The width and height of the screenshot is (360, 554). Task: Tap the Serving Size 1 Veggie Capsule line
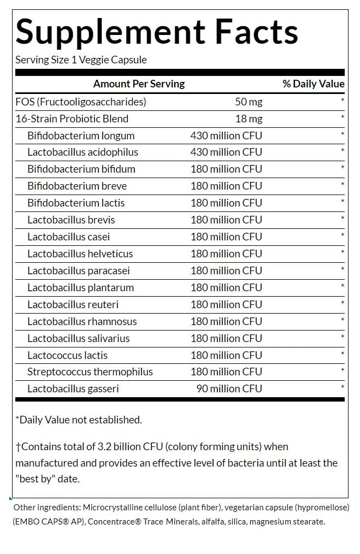81,60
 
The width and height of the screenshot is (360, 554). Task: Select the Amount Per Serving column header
139,84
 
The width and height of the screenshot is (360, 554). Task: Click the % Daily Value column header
313,84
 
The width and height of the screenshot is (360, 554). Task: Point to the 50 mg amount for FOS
249,102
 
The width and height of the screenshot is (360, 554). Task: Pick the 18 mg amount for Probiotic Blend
249,119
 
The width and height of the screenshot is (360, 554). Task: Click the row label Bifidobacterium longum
81,136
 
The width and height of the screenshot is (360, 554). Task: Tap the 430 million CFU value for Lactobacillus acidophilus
226,152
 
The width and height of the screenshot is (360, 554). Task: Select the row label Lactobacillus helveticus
80,254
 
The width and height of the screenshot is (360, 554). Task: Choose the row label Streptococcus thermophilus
90,372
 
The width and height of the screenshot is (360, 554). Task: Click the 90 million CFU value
229,389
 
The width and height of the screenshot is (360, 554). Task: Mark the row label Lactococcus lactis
67,356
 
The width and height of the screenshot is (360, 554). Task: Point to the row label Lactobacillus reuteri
73,305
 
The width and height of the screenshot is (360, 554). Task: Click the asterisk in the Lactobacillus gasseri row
343,388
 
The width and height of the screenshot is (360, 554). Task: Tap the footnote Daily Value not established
79,420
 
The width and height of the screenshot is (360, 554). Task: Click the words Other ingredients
43,508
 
